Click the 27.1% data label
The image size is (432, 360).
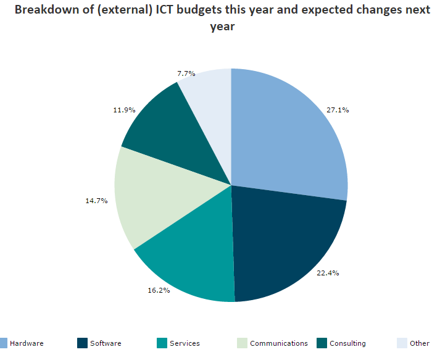point(338,110)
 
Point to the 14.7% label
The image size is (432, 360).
point(96,200)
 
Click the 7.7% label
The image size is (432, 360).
point(186,73)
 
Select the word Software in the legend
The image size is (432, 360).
point(106,343)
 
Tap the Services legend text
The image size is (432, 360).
point(185,343)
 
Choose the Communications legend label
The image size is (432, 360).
point(278,343)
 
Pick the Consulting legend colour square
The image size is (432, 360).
point(321,343)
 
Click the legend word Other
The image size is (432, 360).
point(419,343)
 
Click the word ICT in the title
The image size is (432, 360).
point(161,10)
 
